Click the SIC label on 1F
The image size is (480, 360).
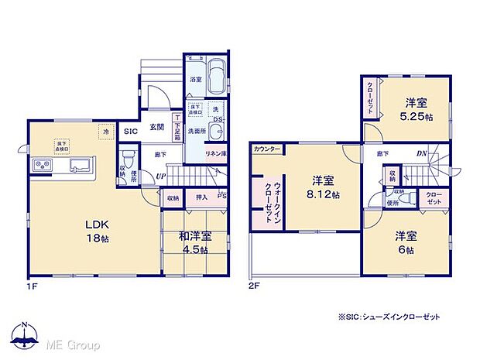[131, 132]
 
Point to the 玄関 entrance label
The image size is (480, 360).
[156, 126]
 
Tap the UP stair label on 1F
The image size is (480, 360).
[159, 177]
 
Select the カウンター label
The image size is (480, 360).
[266, 148]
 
